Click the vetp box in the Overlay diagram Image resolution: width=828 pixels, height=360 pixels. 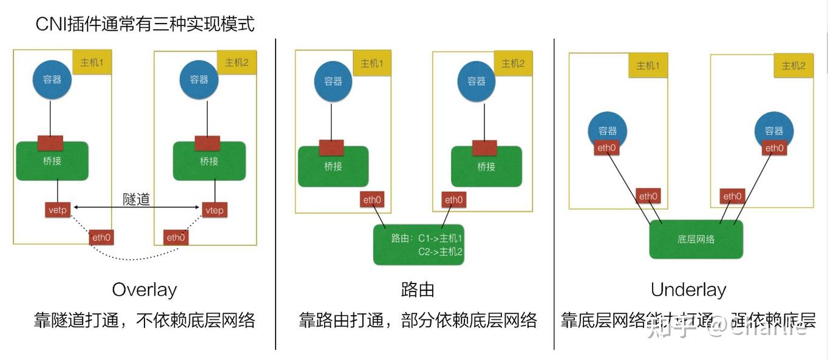coord(58,210)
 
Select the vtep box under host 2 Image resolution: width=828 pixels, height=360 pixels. coord(214,210)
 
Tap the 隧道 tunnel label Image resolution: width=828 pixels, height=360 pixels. coord(136,199)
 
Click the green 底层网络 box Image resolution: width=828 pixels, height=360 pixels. coord(696,239)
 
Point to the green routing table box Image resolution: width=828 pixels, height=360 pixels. coord(419,245)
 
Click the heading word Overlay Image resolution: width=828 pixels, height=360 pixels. coord(144,290)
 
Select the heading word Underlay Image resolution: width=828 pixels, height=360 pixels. coord(688,290)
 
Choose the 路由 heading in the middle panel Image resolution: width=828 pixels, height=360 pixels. coord(418,290)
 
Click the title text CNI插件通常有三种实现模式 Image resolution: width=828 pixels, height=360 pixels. coord(145,24)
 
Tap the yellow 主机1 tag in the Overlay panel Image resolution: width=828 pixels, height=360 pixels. coord(92,63)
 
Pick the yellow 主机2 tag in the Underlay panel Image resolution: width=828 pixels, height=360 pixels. coord(793,66)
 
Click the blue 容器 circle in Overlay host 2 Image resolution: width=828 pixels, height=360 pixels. coord(199,80)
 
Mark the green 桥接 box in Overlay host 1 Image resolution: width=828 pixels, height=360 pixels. coord(52,161)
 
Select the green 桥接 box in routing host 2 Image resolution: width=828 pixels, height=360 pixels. coord(486,166)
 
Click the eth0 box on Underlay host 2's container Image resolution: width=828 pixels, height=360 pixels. coord(774,148)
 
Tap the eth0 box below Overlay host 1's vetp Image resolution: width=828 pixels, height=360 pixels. coord(101,237)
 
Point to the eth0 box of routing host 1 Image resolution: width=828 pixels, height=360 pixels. coord(372,200)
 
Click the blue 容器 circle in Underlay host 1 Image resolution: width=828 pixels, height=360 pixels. coord(608,129)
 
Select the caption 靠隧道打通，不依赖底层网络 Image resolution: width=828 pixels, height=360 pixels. coord(144,320)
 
